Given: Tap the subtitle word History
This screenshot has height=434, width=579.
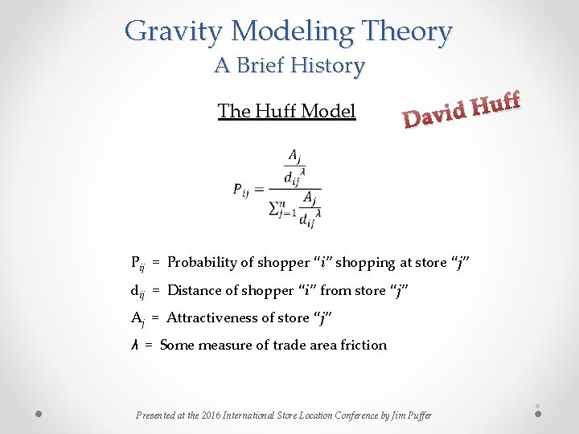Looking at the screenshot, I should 327,65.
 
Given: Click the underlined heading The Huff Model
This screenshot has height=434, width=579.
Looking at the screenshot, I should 286,111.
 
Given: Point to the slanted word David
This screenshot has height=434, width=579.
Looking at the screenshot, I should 434,115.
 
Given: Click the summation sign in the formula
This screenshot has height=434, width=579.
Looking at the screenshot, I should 276,209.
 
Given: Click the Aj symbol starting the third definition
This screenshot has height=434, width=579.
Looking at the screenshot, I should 138,318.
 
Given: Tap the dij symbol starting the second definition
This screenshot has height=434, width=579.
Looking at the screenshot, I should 138,291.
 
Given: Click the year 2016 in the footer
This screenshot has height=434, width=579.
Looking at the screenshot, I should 211,416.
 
